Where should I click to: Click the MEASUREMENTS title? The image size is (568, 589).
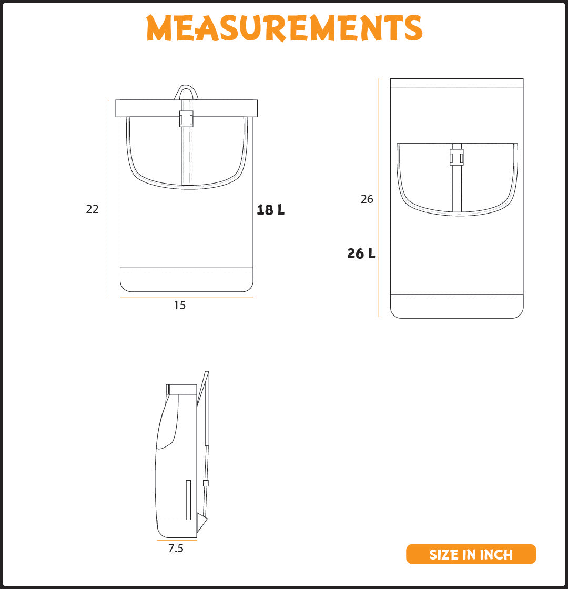[285, 28]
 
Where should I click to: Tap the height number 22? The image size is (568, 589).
[92, 209]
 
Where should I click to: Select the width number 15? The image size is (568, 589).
[179, 305]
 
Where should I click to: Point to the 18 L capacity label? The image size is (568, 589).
[270, 210]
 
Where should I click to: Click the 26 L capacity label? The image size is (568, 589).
[361, 253]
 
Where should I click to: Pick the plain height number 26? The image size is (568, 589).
[367, 199]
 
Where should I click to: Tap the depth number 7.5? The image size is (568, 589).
[176, 548]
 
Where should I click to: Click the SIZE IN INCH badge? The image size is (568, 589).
[471, 554]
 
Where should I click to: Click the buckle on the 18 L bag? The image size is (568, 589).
[186, 119]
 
